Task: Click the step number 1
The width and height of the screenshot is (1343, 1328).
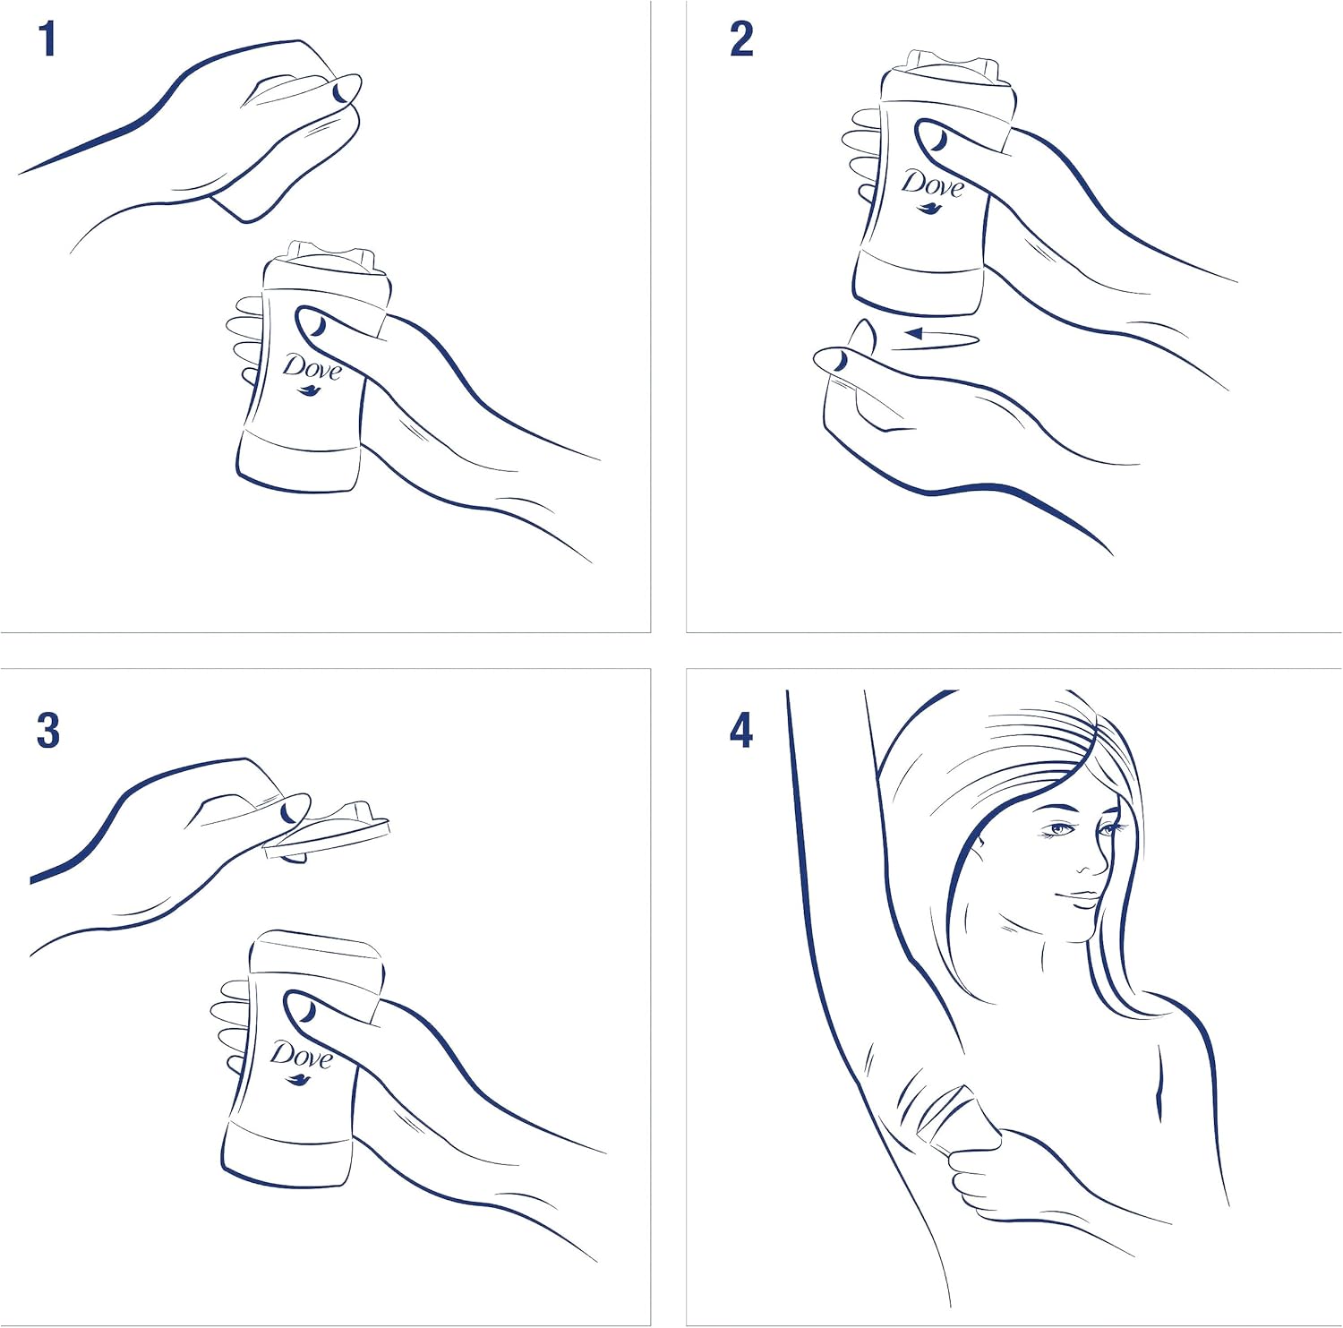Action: (x=48, y=41)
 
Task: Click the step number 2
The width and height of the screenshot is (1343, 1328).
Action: (x=741, y=41)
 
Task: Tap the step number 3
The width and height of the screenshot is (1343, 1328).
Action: (x=48, y=731)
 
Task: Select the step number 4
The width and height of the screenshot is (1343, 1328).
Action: (x=741, y=731)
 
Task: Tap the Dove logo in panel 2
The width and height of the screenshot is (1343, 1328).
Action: (x=931, y=189)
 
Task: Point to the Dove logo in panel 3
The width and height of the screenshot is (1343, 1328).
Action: (x=301, y=1061)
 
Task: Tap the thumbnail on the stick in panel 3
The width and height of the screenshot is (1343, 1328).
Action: (x=303, y=1007)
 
